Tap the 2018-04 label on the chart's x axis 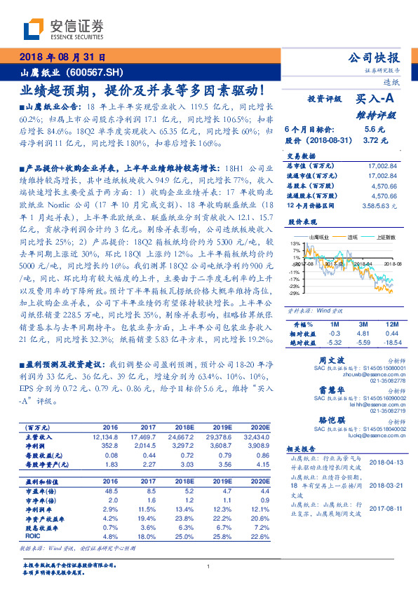coord(363,263)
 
